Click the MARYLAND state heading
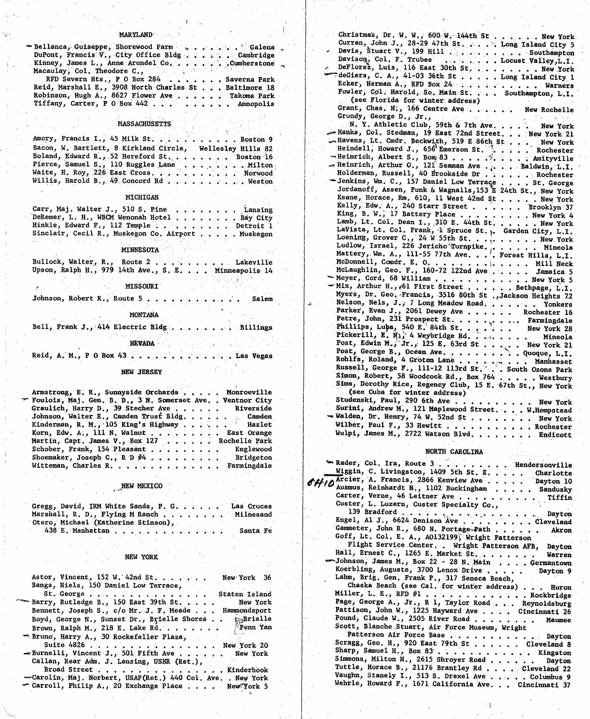point(136,35)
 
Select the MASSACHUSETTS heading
point(144,124)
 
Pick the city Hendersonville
point(543,465)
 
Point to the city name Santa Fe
point(256,531)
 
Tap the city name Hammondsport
point(247,611)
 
